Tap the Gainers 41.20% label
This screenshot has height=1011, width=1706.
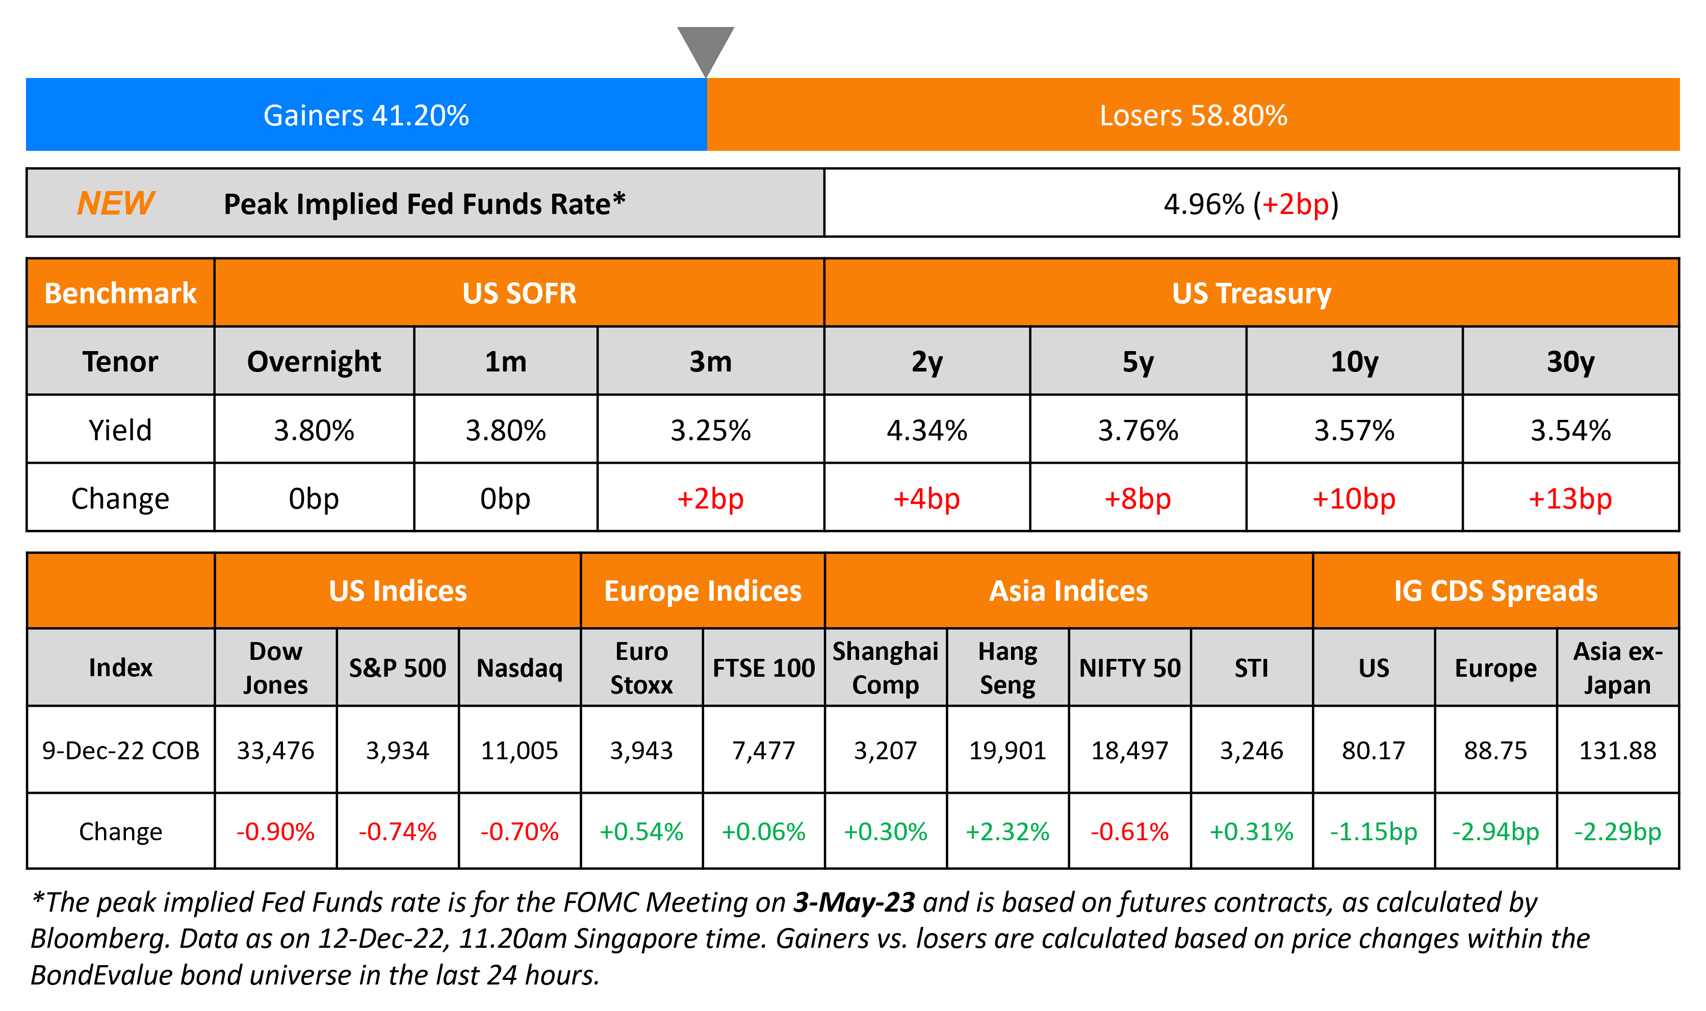click(x=366, y=115)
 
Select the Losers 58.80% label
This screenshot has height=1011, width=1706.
click(x=1193, y=115)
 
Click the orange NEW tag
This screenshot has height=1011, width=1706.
click(x=115, y=203)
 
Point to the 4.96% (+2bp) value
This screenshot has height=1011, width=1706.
click(x=1251, y=204)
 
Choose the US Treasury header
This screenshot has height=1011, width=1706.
click(x=1251, y=293)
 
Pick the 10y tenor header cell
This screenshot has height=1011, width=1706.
click(x=1354, y=361)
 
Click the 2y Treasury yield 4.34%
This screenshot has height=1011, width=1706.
click(x=926, y=430)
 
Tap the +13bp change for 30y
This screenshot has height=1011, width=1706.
click(x=1570, y=499)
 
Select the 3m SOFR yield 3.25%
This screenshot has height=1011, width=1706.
click(x=710, y=430)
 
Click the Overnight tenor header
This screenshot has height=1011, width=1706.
click(x=314, y=361)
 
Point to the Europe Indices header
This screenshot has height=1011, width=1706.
click(x=702, y=591)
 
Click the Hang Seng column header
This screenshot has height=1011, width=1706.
click(x=1007, y=668)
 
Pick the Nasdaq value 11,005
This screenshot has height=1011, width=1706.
click(x=520, y=750)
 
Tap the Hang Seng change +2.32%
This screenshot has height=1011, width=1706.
click(x=1007, y=831)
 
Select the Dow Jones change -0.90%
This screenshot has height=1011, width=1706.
click(x=275, y=831)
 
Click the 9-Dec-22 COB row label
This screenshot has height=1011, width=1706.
click(x=121, y=750)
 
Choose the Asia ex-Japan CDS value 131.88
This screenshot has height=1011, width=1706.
click(x=1617, y=750)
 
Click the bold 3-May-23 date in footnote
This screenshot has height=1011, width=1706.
click(x=854, y=902)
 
